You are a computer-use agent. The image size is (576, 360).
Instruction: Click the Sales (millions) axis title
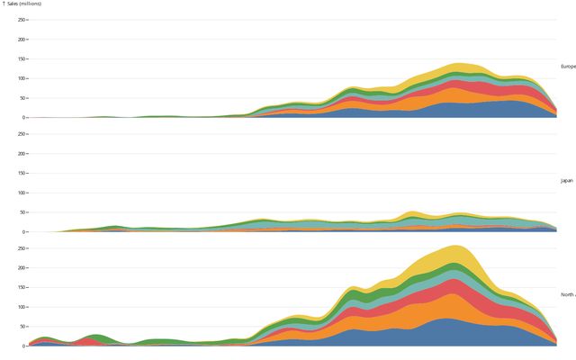(22, 4)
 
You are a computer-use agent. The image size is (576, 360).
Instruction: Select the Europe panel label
(568, 67)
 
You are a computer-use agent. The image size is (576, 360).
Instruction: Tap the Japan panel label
(567, 181)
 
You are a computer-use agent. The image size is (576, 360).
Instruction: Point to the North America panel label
(568, 294)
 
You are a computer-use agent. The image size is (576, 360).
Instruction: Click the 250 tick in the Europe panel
(21, 20)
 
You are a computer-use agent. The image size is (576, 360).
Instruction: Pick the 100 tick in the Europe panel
(21, 78)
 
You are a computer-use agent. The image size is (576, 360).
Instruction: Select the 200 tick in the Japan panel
(21, 154)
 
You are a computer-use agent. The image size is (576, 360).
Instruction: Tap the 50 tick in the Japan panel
(22, 212)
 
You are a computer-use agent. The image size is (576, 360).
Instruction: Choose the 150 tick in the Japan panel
(21, 174)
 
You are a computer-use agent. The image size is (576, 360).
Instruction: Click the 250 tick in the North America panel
(21, 248)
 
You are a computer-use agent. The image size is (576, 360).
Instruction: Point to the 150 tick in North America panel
(21, 287)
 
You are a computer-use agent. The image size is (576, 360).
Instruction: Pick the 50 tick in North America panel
(22, 326)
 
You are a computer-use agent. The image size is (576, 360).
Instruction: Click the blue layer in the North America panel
(450, 333)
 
